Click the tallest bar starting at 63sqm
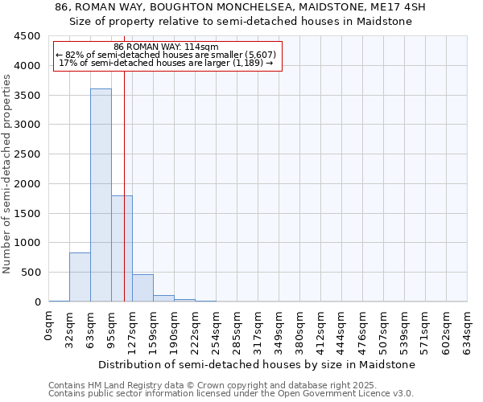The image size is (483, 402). (101, 195)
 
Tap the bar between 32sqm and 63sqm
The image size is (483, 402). (80, 277)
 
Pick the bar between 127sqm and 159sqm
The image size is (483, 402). (142, 288)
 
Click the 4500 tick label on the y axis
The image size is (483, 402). (26, 36)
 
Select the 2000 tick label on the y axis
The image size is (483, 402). (26, 184)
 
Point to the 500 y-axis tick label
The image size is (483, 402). (29, 273)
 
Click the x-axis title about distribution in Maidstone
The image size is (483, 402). (258, 364)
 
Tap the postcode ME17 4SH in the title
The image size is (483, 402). (401, 7)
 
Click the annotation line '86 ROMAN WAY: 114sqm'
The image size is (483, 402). (167, 47)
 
